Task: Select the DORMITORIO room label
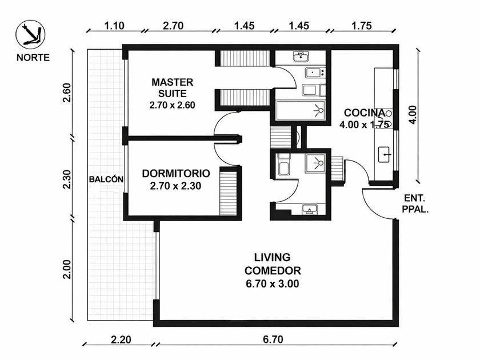[176, 173]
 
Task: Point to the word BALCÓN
[106, 179]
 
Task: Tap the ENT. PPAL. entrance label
[415, 204]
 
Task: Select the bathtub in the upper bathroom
[301, 110]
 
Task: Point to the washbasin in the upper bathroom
[301, 57]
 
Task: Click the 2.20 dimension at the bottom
[121, 339]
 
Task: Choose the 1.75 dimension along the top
[362, 25]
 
